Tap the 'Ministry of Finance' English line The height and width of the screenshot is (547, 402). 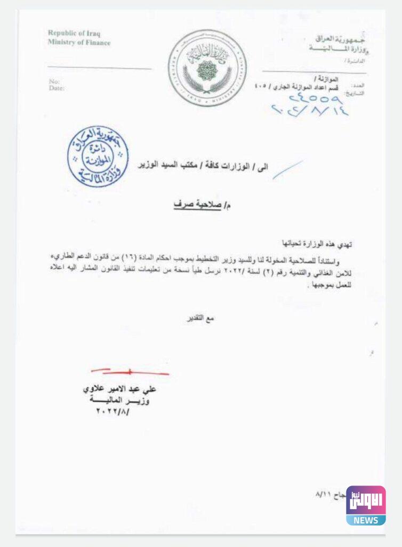(79, 42)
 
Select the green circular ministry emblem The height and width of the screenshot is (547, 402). (207, 67)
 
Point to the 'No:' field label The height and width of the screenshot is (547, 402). (54, 81)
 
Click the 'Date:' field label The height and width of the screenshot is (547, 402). (56, 88)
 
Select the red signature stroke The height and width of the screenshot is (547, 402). (130, 371)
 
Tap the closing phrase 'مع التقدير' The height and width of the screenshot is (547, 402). (203, 319)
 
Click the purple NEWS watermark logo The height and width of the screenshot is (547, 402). (366, 505)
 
